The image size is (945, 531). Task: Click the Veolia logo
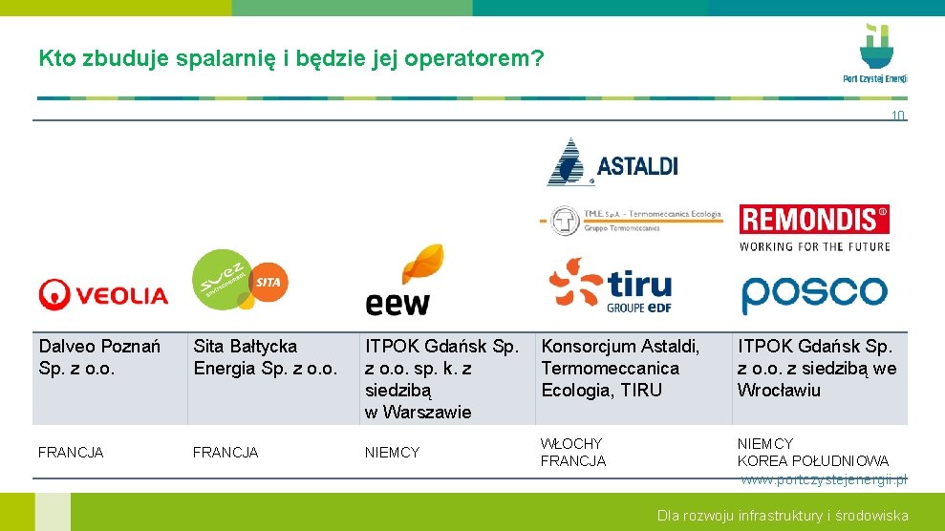(103, 295)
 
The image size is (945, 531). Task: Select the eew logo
(405, 280)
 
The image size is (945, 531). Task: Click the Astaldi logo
(612, 162)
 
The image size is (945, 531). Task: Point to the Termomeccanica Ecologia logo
(631, 220)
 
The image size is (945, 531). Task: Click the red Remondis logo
(814, 221)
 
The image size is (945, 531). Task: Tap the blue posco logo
(814, 293)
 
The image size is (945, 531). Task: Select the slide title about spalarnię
(291, 59)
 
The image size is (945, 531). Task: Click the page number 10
(897, 116)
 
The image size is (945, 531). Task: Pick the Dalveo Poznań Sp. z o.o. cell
(99, 357)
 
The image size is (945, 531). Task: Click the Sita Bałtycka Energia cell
(266, 357)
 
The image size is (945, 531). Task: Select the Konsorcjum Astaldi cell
(621, 368)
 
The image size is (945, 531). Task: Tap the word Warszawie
(427, 412)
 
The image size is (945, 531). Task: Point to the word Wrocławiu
(779, 390)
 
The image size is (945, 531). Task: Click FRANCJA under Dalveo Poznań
(71, 453)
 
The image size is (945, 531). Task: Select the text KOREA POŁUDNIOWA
(812, 461)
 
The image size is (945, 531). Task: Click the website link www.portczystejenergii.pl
(824, 478)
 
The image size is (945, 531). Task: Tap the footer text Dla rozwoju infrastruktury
(782, 516)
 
